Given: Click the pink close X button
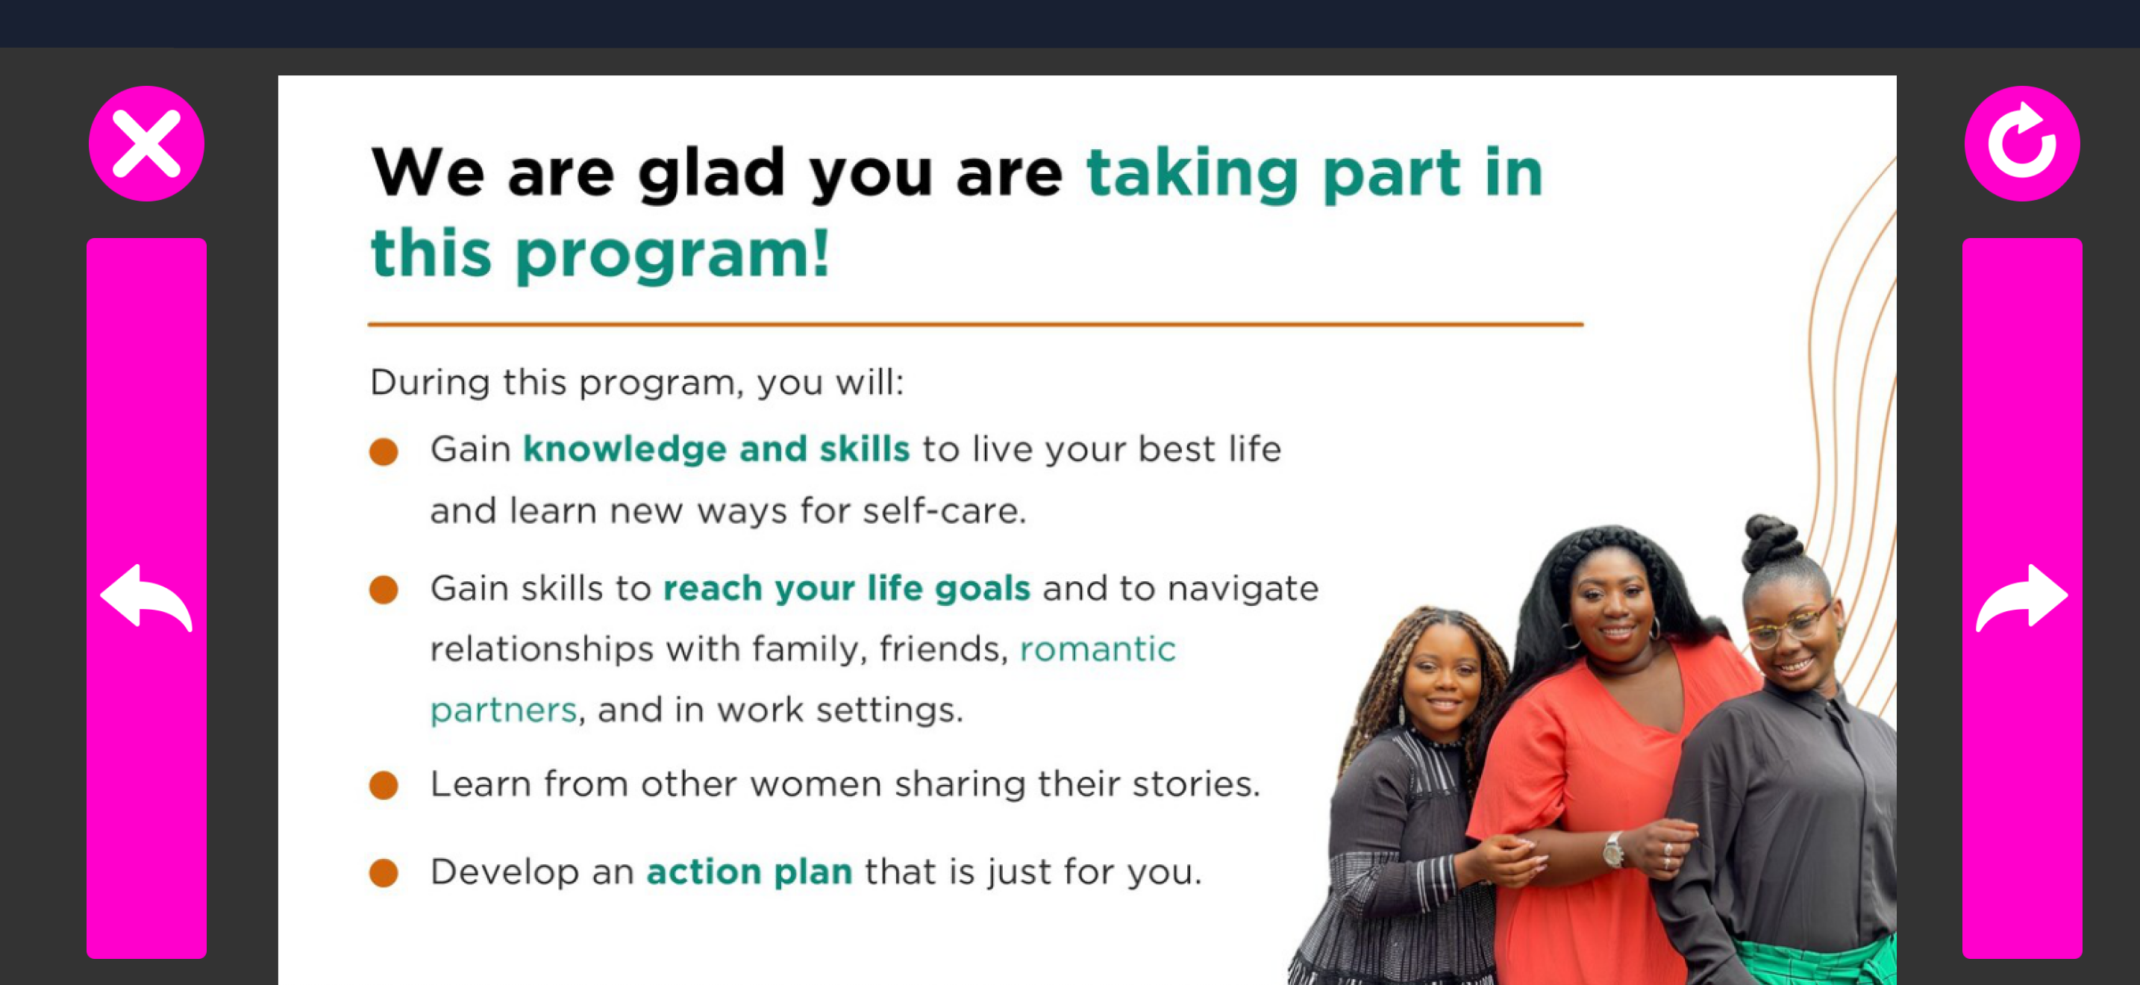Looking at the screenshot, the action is tap(146, 144).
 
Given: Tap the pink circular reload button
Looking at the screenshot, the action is tap(2022, 144).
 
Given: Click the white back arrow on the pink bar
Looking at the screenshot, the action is tap(146, 597).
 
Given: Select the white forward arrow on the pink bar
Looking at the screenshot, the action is tap(2022, 597).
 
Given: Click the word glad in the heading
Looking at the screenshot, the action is tap(711, 173).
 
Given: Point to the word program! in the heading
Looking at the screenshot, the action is tap(673, 253).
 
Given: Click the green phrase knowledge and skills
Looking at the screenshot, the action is tap(716, 449).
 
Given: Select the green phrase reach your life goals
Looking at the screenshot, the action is tap(847, 589).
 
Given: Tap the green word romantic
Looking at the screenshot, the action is tap(1098, 648).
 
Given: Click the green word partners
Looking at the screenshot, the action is tap(504, 710).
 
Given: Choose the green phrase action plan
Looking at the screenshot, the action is tap(749, 872).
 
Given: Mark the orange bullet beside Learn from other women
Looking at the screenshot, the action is tap(384, 785).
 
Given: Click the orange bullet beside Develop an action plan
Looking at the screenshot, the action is tap(384, 873).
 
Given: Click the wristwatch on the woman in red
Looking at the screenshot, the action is tap(1612, 851).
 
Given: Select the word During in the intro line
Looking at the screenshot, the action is tap(430, 383).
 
